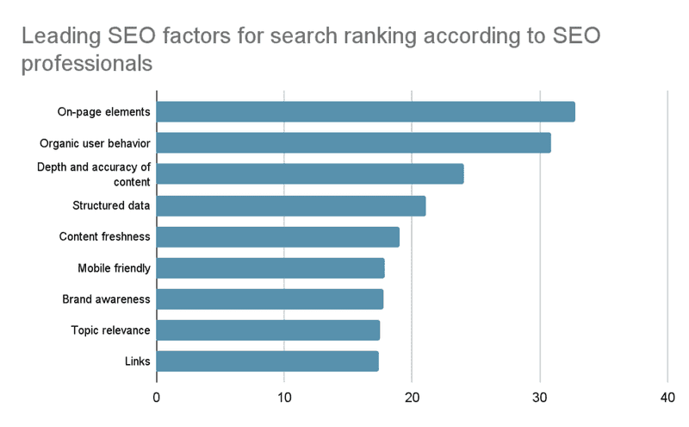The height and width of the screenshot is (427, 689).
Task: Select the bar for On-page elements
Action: coord(365,112)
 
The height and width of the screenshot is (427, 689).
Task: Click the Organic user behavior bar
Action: coord(354,142)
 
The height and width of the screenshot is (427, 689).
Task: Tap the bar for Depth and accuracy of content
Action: coord(310,174)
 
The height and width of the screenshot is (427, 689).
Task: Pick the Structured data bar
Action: coord(291,205)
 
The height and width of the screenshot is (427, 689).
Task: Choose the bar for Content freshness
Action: coord(278,237)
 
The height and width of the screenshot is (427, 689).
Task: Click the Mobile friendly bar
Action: coord(270,268)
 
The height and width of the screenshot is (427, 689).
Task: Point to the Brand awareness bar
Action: coord(270,298)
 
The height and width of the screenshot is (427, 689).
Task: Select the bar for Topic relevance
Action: coord(268,330)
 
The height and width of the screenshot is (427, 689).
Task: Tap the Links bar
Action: coord(268,361)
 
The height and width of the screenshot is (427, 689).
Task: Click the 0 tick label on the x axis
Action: coord(157,398)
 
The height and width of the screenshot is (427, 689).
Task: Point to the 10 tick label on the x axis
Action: coord(284,398)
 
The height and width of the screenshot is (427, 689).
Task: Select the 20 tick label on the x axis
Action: coord(412,398)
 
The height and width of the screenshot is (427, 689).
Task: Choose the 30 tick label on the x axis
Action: coord(540,398)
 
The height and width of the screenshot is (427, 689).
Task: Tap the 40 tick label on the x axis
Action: coord(667,398)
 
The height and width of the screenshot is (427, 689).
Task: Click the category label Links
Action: coord(138,361)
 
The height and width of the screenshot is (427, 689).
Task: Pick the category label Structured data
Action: coord(111,205)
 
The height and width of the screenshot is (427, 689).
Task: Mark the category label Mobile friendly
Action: coord(115,268)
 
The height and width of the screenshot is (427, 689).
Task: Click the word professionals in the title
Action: coord(87,64)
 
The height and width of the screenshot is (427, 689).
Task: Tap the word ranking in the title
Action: coord(380,36)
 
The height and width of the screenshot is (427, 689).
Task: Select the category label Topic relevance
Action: coord(111,330)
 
